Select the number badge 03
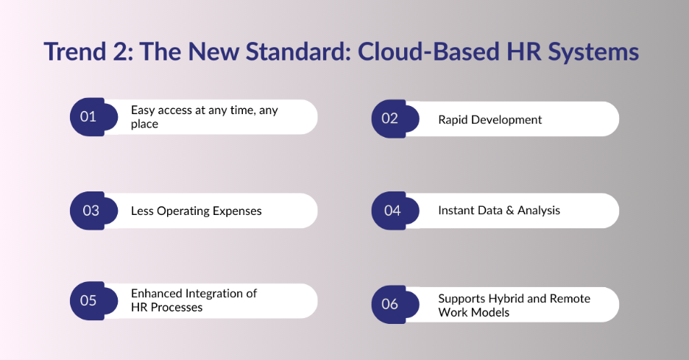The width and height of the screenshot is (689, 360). tap(91, 211)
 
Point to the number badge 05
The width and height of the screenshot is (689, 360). tap(89, 300)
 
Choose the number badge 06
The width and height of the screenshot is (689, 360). tap(391, 304)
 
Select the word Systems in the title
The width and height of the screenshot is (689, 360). tap(592, 52)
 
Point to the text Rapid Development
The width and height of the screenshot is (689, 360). tap(490, 119)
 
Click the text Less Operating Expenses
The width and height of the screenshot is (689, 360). tap(196, 211)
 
